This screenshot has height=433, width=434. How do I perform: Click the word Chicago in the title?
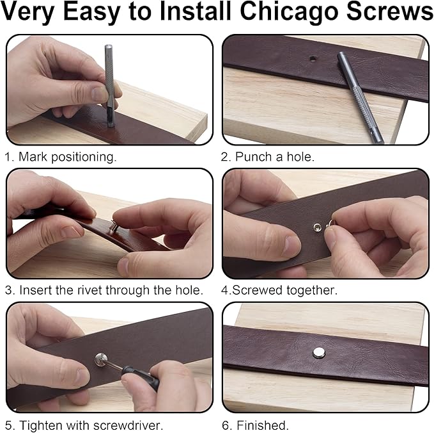pyautogui.click(x=289, y=12)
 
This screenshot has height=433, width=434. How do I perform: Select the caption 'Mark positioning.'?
pyautogui.click(x=67, y=158)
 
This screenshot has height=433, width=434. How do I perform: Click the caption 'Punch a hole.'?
pyautogui.click(x=275, y=157)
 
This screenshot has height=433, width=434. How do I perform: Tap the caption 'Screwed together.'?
pyautogui.click(x=284, y=290)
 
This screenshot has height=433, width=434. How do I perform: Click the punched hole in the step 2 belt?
pyautogui.click(x=313, y=58)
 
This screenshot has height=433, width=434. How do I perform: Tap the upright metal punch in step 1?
pyautogui.click(x=109, y=86)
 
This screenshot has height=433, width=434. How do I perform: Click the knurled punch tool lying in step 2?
pyautogui.click(x=360, y=97)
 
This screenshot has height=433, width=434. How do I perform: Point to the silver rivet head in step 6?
pyautogui.click(x=319, y=352)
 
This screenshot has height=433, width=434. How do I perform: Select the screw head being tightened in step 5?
pyautogui.click(x=101, y=360)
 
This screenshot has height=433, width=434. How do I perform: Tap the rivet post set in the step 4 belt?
pyautogui.click(x=316, y=227)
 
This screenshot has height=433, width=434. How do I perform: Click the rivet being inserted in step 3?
pyautogui.click(x=114, y=227)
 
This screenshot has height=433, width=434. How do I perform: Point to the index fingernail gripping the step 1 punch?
pyautogui.click(x=99, y=94)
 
